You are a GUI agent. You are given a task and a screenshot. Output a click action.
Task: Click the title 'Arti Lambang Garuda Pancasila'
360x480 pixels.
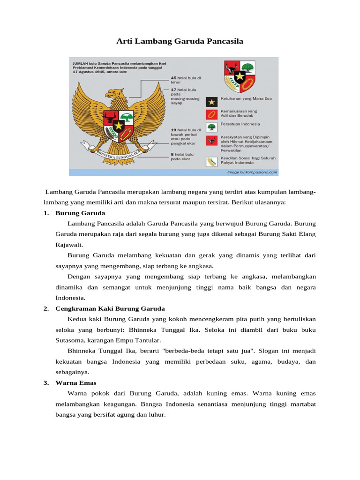pos(180,42)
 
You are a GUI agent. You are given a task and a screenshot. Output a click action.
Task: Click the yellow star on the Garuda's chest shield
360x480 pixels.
pos(119,125)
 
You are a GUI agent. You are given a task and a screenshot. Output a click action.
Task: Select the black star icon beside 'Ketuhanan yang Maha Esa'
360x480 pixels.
pos(211,101)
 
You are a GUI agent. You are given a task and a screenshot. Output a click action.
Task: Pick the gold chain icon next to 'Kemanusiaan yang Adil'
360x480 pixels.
pos(211,114)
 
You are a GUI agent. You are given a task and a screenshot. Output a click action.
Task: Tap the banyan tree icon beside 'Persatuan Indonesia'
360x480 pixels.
pos(211,127)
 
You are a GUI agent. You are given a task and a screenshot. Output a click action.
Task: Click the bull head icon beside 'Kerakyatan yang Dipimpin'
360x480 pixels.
pos(211,140)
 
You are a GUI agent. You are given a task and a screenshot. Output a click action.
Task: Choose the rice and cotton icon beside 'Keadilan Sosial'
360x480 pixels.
pos(211,161)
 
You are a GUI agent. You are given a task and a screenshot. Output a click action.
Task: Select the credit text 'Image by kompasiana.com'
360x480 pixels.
pos(252,172)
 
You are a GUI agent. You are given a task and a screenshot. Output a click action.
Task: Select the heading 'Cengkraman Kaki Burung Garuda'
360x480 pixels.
pos(110,308)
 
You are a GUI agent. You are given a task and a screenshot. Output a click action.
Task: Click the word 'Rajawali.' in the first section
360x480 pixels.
pos(69,244)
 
